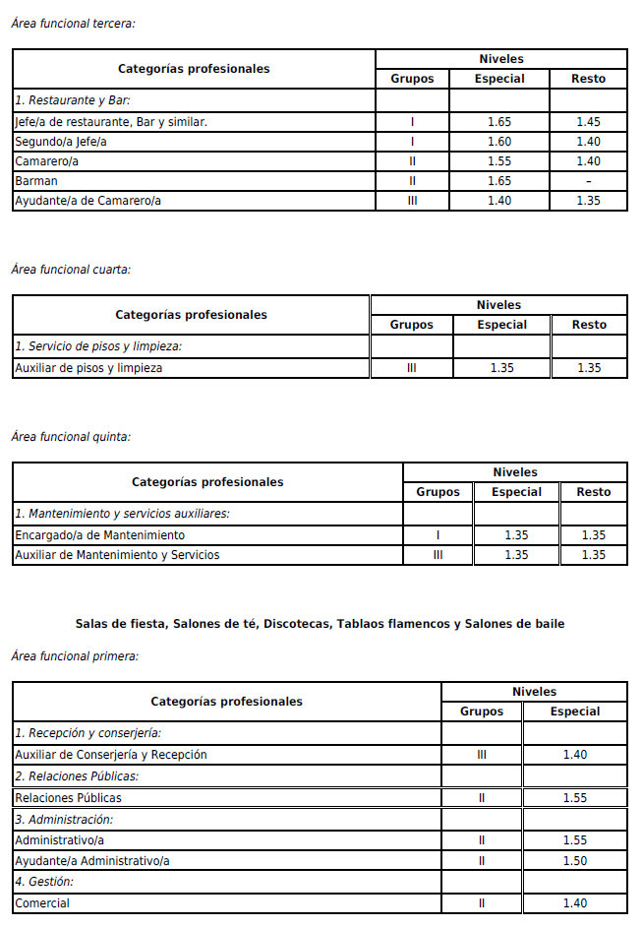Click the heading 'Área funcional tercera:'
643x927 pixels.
click(73, 24)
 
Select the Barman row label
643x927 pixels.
click(36, 181)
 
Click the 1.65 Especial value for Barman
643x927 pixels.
click(499, 181)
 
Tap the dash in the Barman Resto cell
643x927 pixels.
click(588, 181)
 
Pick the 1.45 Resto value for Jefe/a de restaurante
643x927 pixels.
click(588, 122)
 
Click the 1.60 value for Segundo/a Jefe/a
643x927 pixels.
click(499, 142)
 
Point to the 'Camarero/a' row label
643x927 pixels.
click(47, 161)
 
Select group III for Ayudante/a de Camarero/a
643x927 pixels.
click(412, 201)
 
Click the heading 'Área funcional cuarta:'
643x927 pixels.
click(71, 270)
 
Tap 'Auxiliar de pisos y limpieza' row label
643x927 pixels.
click(88, 368)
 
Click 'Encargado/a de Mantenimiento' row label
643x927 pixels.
click(99, 535)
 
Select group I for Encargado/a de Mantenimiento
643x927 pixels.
click(438, 535)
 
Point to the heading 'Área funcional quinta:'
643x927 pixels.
click(71, 437)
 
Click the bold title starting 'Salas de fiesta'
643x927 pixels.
click(320, 624)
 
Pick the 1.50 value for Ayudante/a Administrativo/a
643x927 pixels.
click(575, 861)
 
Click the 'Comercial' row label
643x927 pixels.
click(42, 903)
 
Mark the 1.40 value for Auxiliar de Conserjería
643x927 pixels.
click(575, 755)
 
